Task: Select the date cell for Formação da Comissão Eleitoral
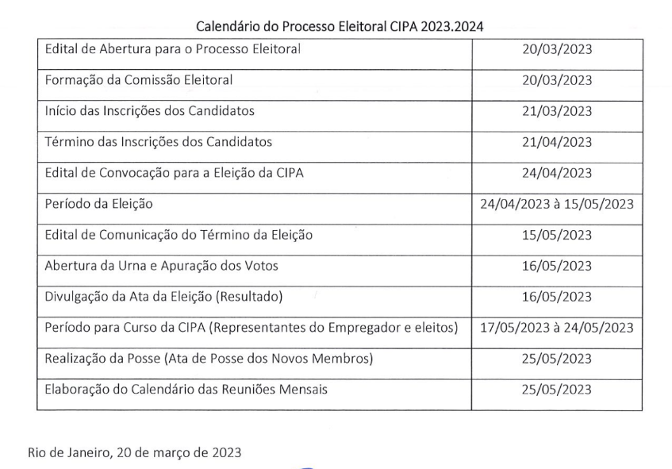[556, 80]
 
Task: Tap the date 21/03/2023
[556, 111]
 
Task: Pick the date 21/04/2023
[556, 142]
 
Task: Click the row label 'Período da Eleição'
[99, 204]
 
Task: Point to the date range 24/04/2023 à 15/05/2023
[556, 204]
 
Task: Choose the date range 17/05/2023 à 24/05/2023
[556, 328]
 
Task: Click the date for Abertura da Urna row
[556, 266]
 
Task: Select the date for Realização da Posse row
[556, 359]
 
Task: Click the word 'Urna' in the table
[129, 266]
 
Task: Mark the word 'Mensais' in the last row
[301, 390]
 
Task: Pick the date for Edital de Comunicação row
[556, 235]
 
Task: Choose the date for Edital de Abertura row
[556, 50]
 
